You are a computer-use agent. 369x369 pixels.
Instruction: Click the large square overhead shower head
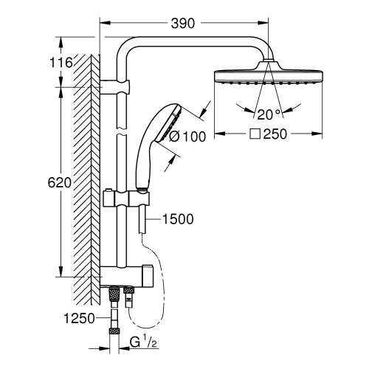pyautogui.click(x=268, y=76)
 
